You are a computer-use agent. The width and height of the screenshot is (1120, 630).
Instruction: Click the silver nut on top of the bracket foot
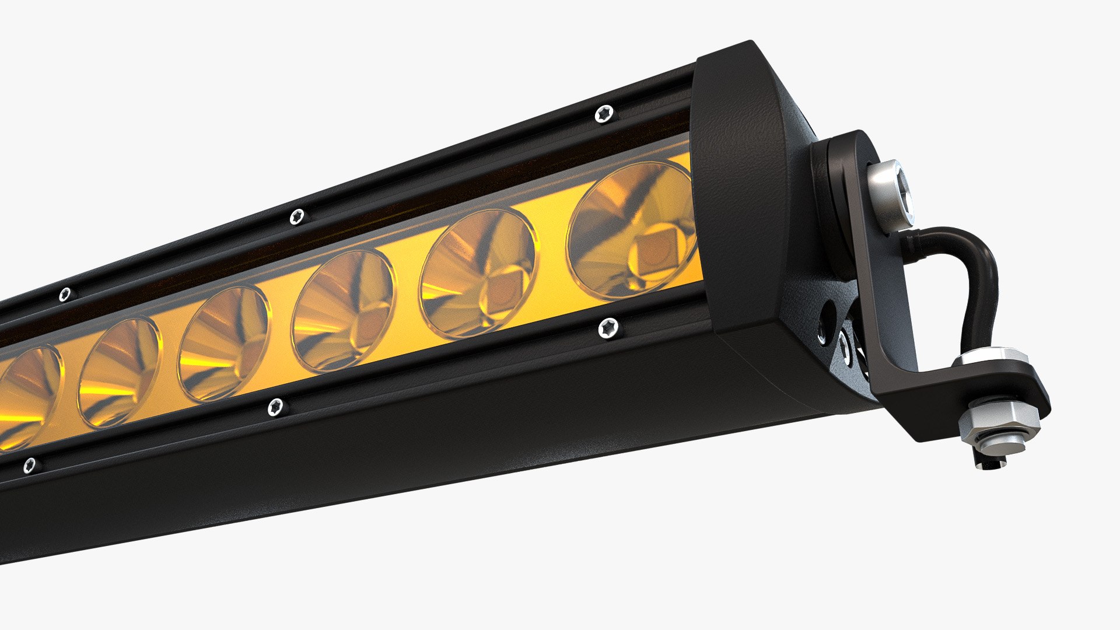pos(990,356)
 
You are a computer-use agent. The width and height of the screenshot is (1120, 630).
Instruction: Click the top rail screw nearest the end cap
pos(604,114)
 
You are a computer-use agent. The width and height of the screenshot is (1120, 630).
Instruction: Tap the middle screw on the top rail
pos(297,216)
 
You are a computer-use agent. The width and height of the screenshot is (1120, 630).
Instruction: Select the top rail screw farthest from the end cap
pos(65,294)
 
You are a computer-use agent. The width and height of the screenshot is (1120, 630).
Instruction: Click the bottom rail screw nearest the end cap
pos(608,328)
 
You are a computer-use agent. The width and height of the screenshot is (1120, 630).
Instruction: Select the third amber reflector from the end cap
pos(344,311)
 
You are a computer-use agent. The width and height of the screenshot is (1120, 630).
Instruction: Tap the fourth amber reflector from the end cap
pos(225,344)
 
